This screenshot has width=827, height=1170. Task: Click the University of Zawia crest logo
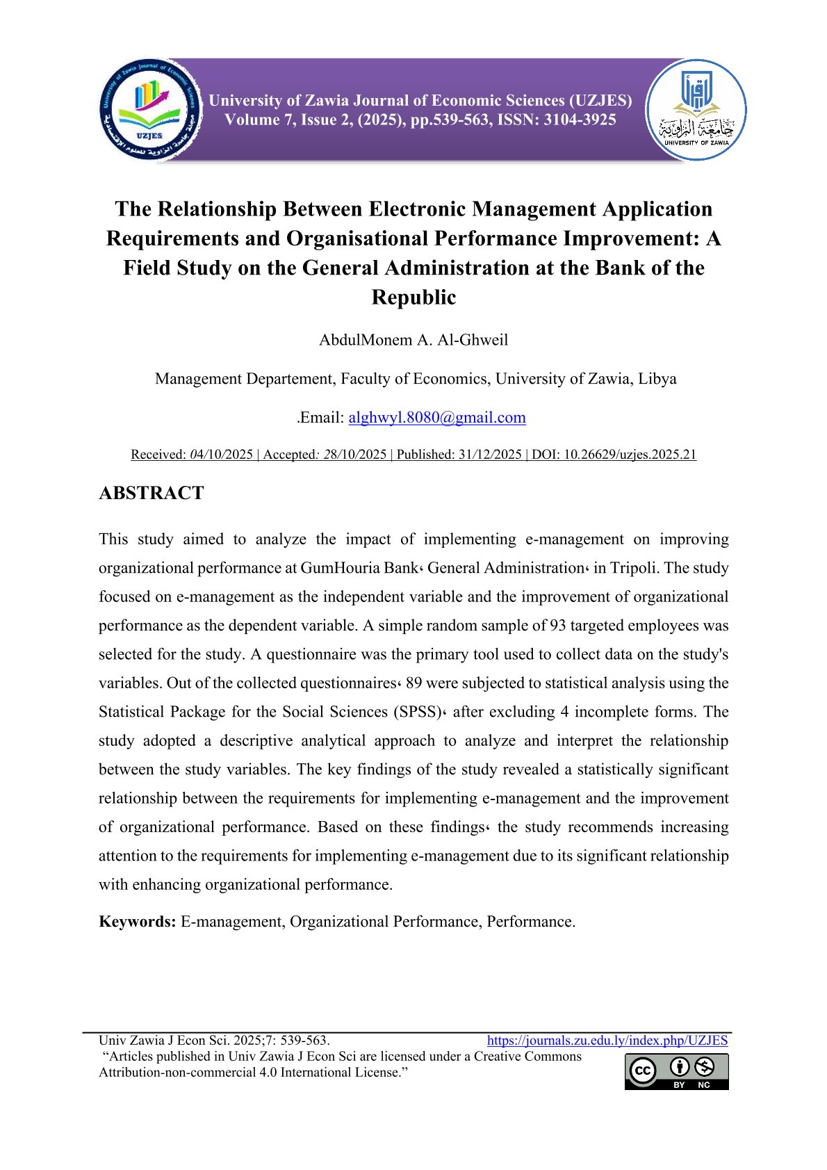696,110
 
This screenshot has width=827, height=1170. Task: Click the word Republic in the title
413,297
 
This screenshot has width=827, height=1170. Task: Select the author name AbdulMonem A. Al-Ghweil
413,340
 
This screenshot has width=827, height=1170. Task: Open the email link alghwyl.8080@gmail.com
437,417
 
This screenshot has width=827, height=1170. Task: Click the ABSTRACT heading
152,493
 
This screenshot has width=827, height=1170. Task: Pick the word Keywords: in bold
138,922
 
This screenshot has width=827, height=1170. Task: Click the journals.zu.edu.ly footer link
607,1041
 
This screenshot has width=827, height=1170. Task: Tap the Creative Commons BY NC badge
676,1072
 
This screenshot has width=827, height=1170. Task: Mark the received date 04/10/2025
221,455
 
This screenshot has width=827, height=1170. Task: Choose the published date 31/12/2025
489,455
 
